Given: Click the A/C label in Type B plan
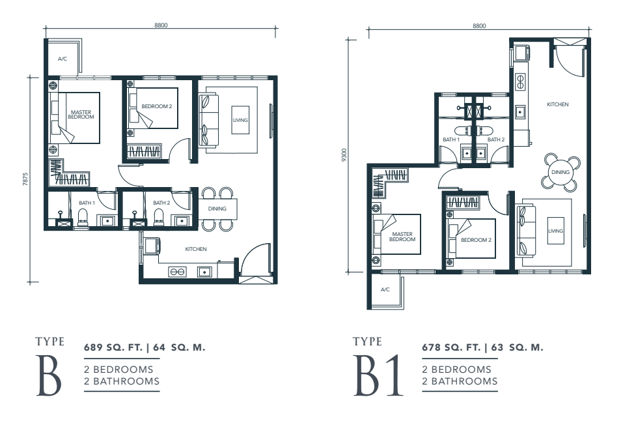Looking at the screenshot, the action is point(62,59).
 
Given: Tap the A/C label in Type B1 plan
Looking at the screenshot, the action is point(385,289).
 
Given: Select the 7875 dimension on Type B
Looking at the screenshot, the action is point(26,179).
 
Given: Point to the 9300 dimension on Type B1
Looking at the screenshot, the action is point(344,154).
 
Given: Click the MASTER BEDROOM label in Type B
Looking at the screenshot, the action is point(81,115).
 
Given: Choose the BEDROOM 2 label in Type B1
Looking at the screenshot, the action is point(476,240).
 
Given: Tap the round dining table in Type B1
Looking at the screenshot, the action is point(561,172).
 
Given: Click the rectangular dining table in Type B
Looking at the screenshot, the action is point(217,209).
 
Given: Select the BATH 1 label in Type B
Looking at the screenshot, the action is point(87,203).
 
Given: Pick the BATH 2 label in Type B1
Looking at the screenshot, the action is point(496,139).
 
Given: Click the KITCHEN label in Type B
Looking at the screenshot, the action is point(196,249).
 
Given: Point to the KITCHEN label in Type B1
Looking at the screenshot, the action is point(558,104).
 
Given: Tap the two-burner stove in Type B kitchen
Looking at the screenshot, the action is point(177,272).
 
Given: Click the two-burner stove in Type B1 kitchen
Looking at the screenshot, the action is point(519,81).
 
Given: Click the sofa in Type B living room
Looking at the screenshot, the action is point(208,120).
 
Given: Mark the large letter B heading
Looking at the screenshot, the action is point(49,375).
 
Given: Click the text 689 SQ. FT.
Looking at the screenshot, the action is point(113,347).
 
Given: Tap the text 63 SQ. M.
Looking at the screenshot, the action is point(517,347).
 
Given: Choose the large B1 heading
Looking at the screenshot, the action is point(378,375).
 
